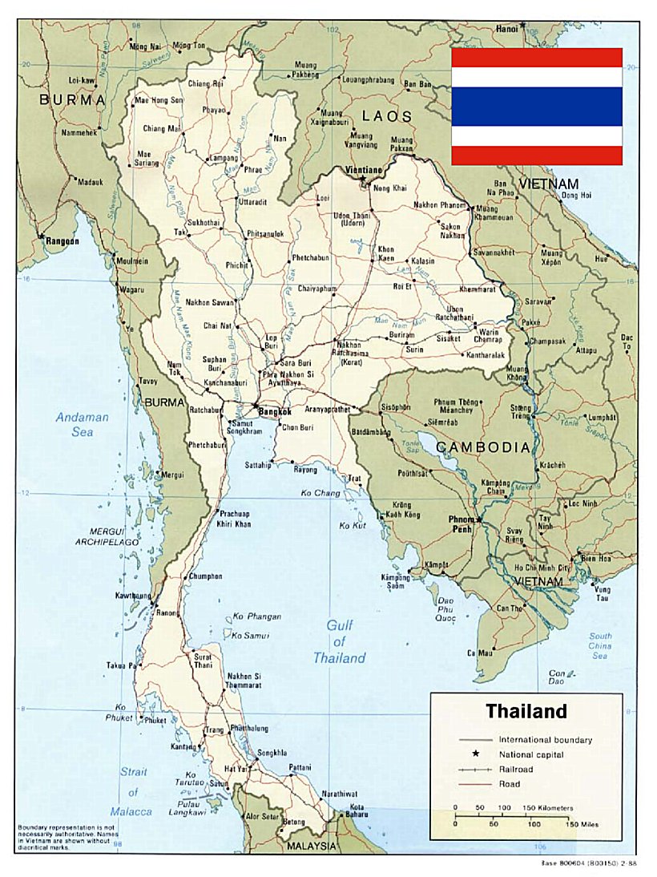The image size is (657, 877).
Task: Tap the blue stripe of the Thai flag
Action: tap(537, 107)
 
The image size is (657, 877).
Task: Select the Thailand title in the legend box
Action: tap(526, 711)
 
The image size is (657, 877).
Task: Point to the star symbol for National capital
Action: tap(476, 754)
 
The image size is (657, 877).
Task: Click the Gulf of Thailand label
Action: tap(340, 641)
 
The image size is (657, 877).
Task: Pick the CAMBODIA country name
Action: tap(482, 447)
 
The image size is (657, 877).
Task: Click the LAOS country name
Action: tap(386, 115)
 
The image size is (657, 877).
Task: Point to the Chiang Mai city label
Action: tap(163, 128)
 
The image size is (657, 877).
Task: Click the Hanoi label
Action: tap(506, 27)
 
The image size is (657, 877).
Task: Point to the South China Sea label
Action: tap(600, 646)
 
